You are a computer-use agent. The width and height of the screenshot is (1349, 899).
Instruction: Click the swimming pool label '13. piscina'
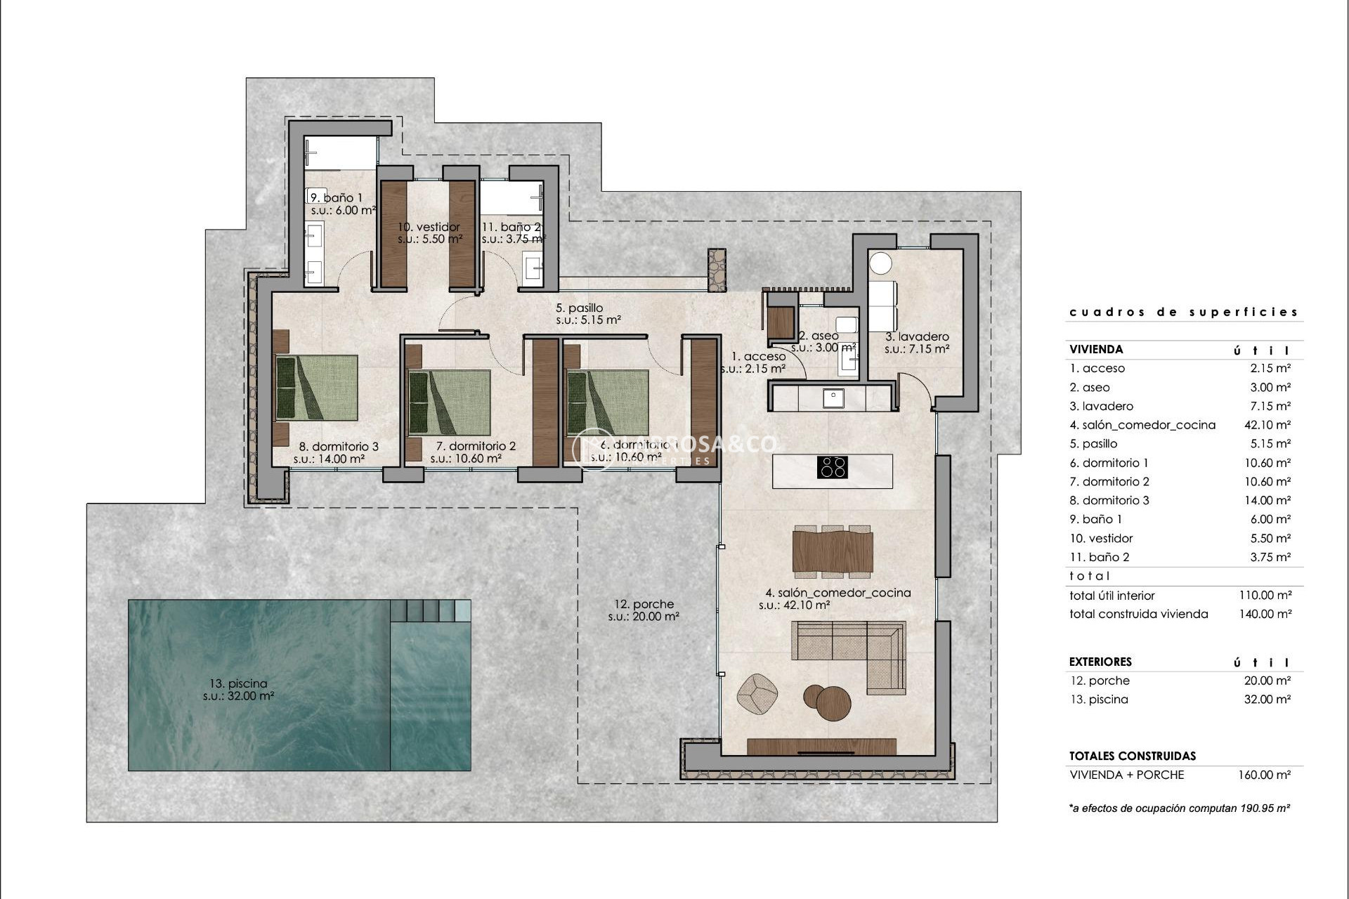(237, 683)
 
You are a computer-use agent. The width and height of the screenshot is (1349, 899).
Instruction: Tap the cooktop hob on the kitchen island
(832, 467)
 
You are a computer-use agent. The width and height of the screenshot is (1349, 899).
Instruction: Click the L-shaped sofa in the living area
(849, 650)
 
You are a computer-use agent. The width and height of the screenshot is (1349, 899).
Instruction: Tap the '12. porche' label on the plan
(644, 604)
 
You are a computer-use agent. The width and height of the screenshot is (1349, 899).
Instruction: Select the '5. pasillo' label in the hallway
(579, 308)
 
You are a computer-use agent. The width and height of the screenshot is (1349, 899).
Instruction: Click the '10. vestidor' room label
(429, 227)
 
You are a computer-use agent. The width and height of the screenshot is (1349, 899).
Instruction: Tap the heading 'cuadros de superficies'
(1183, 312)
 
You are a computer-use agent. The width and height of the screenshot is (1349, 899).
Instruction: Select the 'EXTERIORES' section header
(1100, 662)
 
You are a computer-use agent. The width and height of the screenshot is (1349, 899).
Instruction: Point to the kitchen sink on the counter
(833, 398)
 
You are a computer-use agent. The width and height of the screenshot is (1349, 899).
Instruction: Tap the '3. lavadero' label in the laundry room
(917, 336)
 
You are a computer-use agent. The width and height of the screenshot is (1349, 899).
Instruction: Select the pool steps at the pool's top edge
(431, 610)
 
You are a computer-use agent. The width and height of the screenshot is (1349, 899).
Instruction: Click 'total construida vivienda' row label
(1138, 614)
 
